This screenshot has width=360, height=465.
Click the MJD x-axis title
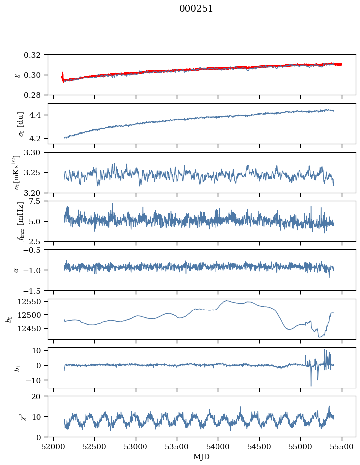tap(202, 456)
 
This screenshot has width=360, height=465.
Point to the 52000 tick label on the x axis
tap(54, 446)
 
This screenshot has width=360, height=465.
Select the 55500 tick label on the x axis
tap(342, 446)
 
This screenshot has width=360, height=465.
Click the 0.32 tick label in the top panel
tap(36, 55)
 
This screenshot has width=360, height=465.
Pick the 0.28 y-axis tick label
tap(36, 95)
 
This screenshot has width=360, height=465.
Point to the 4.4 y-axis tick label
tap(38, 115)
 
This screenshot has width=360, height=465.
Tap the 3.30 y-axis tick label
tap(36, 153)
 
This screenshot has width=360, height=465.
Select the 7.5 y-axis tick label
tap(38, 201)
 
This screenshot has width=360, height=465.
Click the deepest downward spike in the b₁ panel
tap(311, 386)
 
